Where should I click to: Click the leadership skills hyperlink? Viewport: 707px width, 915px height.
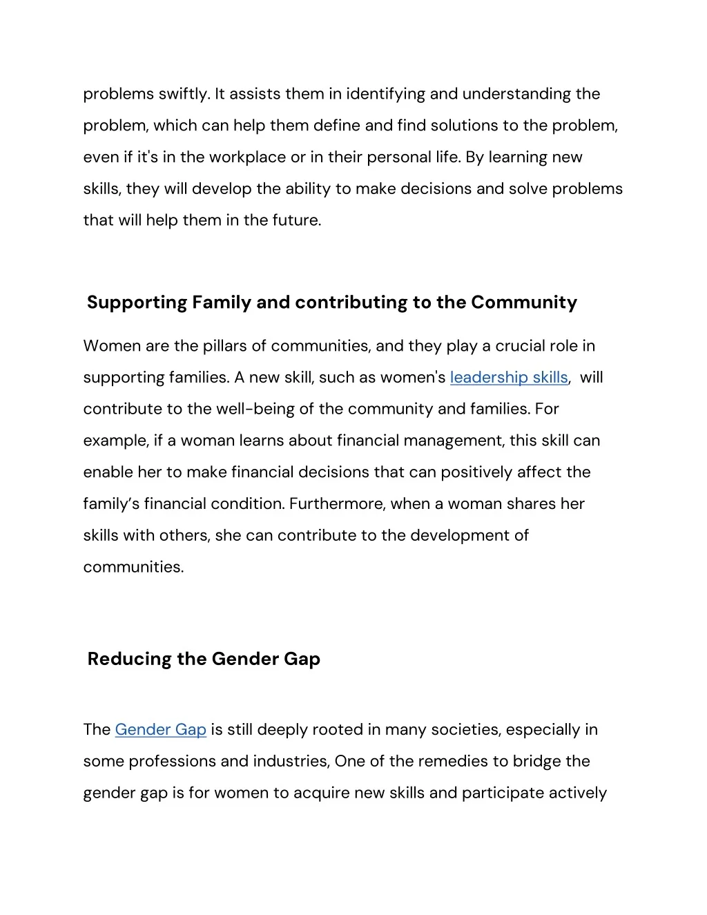click(x=509, y=377)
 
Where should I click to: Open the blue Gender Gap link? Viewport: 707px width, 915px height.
click(x=160, y=729)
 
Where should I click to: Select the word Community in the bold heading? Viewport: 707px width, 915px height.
click(x=524, y=302)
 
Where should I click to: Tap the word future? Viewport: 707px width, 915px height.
click(x=297, y=221)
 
